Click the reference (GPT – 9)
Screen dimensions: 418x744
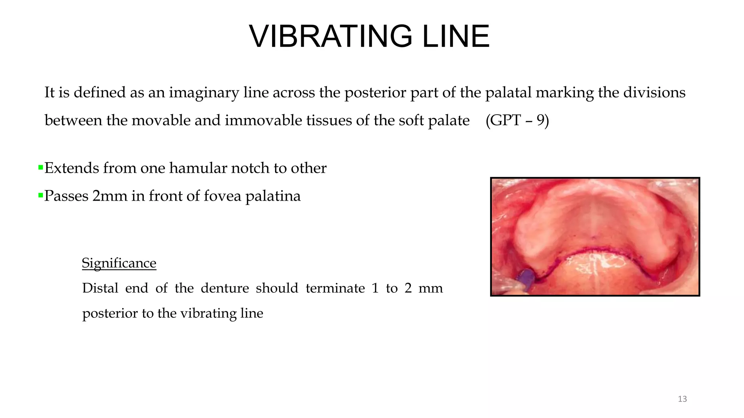(517, 120)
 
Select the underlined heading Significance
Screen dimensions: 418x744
(119, 263)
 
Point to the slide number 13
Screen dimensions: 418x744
(682, 399)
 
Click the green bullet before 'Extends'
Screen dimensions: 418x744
(40, 168)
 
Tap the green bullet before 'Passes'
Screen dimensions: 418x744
(40, 196)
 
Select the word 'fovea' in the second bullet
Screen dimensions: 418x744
(222, 196)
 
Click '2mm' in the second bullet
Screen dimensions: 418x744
(110, 196)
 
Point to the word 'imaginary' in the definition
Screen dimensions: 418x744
(204, 93)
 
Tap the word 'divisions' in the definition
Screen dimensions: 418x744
(654, 93)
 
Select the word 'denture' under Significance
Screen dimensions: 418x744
(225, 288)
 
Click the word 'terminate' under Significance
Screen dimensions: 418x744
(335, 288)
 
